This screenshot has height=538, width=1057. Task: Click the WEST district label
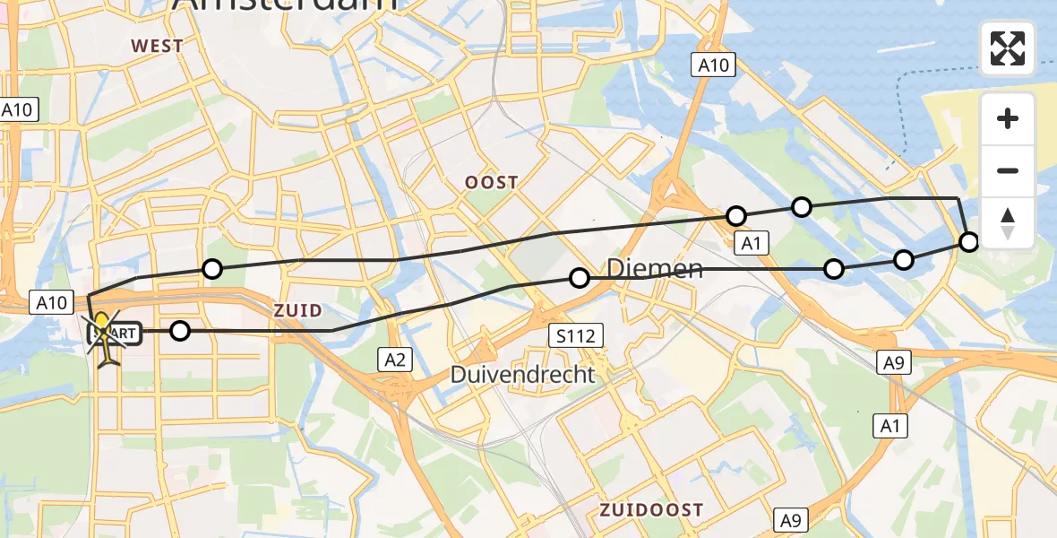(x=157, y=46)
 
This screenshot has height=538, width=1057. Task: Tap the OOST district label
(x=491, y=183)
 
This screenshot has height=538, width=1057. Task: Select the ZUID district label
(x=298, y=310)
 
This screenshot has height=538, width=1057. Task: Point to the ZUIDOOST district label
(x=651, y=510)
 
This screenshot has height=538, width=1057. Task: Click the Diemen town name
(x=655, y=268)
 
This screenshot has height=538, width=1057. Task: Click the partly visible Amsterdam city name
(x=284, y=4)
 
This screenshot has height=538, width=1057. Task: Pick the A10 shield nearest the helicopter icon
(x=51, y=303)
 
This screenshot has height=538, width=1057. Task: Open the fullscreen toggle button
(x=1008, y=48)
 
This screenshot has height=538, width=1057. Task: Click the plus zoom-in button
(x=1008, y=118)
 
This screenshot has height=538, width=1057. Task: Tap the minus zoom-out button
(x=1008, y=171)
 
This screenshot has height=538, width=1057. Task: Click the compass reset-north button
(x=1008, y=223)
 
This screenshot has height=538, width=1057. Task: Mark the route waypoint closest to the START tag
(x=180, y=331)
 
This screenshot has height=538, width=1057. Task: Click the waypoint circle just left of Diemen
(x=580, y=278)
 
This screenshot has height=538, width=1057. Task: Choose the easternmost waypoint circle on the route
(x=969, y=241)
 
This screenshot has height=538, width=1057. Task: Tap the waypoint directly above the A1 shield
(x=736, y=215)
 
